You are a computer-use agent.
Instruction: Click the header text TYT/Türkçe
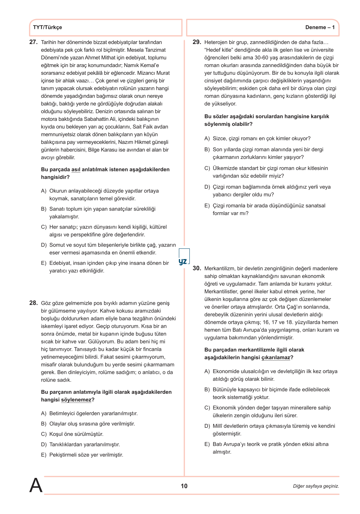coord(47,27)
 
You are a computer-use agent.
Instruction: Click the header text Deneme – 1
coord(320,27)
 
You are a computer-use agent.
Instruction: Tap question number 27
coord(33,42)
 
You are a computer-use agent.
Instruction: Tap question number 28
coord(33,303)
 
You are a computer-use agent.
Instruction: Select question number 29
coord(197,42)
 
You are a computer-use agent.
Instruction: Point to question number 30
coord(197,269)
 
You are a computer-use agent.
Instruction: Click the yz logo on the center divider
coord(183,261)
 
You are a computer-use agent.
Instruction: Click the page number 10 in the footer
coord(184,486)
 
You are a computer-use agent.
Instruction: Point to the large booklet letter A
coord(36,485)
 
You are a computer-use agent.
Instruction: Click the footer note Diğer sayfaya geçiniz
coord(316,486)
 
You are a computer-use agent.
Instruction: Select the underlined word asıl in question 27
coord(76,170)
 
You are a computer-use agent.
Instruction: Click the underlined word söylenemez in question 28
coord(76,400)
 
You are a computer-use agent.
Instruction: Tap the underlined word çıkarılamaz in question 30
coord(276,357)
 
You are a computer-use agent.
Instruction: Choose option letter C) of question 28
coord(44,434)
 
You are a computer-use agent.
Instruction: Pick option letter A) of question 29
coord(207,139)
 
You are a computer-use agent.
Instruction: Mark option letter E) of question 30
coord(207,444)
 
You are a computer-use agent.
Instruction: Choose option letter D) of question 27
coord(44,245)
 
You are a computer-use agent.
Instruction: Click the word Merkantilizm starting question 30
coord(219,269)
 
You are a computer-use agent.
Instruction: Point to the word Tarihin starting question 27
coord(48,42)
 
